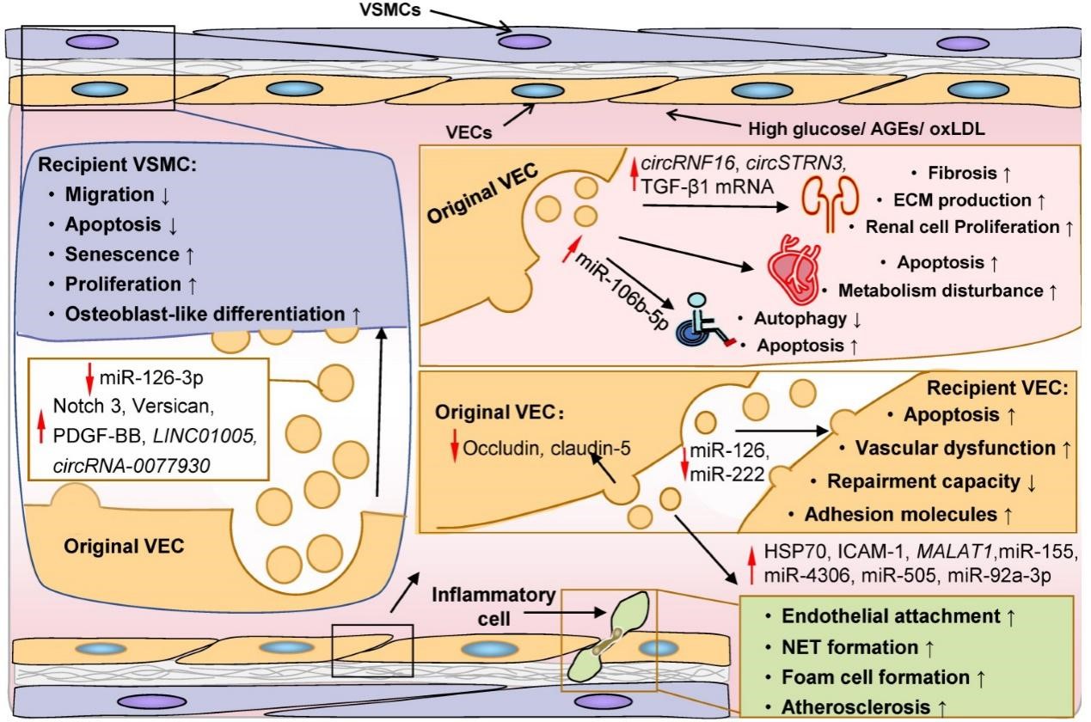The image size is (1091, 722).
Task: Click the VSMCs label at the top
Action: click(389, 9)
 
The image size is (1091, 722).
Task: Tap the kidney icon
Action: click(830, 203)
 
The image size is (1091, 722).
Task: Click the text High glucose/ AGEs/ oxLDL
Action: click(867, 129)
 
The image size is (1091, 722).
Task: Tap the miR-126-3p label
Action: click(151, 378)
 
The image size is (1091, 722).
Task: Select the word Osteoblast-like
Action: click(150, 315)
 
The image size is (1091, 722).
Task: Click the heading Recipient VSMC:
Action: click(117, 164)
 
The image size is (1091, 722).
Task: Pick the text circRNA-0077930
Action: click(131, 466)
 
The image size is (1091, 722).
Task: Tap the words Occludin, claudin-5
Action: click(547, 448)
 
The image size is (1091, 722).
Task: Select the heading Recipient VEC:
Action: click(997, 388)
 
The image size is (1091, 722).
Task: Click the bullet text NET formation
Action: click(849, 647)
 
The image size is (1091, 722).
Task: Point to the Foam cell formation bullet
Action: click(875, 677)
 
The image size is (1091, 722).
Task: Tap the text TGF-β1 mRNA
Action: click(707, 187)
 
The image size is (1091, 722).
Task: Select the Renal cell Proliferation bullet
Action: click(962, 227)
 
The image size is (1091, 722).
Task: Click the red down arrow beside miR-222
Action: click(684, 462)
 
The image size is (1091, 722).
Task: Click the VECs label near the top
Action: click(469, 132)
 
